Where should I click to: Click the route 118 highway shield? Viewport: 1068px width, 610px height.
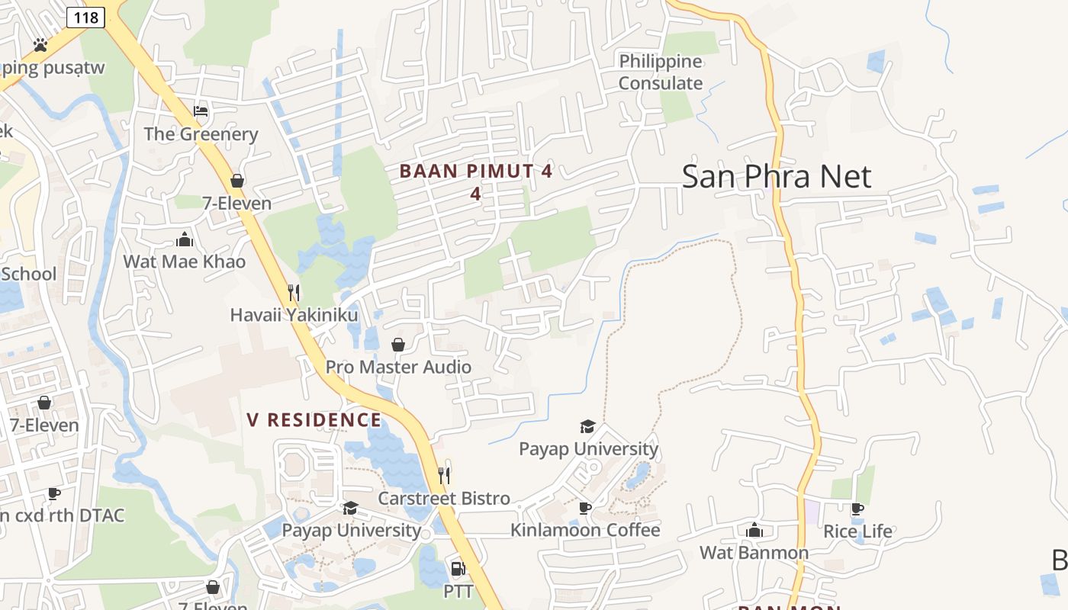tap(85, 17)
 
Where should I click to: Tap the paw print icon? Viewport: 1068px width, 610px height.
tap(40, 45)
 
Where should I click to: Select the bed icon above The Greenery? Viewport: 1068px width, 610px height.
tap(201, 111)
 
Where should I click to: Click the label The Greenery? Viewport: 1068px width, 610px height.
tap(201, 134)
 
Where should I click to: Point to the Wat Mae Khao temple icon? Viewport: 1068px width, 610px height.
tap(185, 239)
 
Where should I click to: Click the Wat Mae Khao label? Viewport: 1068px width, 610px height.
tap(185, 262)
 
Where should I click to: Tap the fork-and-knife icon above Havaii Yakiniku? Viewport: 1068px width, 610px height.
tap(294, 291)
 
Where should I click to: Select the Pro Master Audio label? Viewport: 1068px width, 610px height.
tap(398, 367)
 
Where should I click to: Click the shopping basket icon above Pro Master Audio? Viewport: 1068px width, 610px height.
tap(398, 345)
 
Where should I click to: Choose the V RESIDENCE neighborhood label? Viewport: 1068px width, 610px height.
tap(314, 420)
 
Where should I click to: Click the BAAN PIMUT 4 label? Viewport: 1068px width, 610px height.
tap(475, 172)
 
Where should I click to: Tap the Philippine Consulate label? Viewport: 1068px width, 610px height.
tap(661, 72)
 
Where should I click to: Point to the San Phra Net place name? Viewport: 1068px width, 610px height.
tap(776, 176)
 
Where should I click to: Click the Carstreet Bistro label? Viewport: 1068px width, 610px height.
tap(444, 499)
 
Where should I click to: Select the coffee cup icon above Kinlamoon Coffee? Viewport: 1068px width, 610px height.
tap(585, 508)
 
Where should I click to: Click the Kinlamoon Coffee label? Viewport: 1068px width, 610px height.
tap(585, 530)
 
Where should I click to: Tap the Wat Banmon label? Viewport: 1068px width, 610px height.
tap(754, 552)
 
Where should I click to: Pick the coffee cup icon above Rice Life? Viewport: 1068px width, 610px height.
tap(857, 509)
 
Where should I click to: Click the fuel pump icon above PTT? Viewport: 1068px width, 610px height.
tap(458, 568)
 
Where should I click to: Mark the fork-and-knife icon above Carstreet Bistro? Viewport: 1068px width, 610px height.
tap(444, 476)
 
